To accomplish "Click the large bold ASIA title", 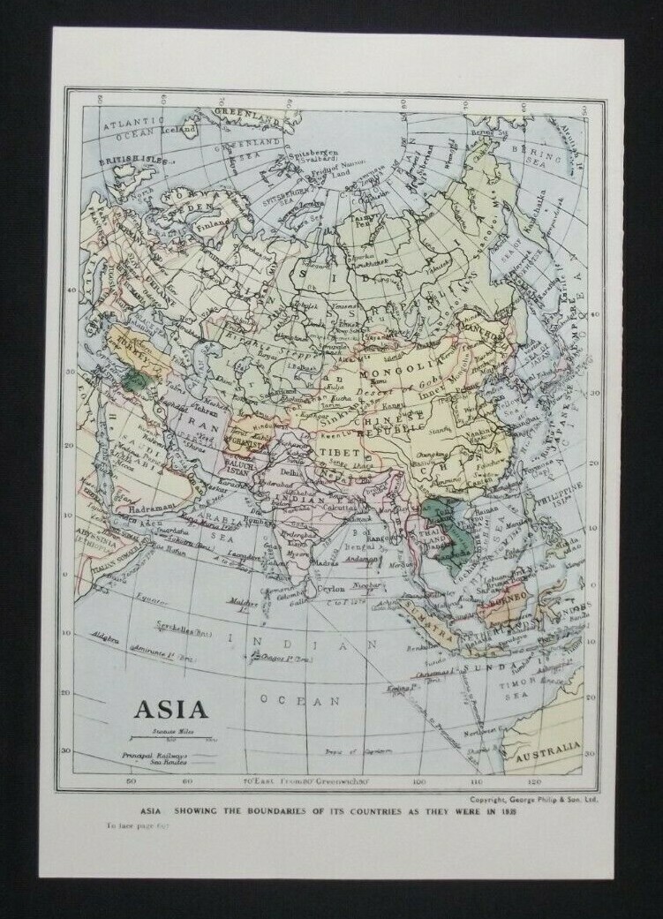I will pos(170,708).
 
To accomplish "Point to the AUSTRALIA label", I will pos(548,757).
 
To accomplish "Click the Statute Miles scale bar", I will pos(170,737).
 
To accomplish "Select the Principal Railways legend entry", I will pos(153,756).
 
